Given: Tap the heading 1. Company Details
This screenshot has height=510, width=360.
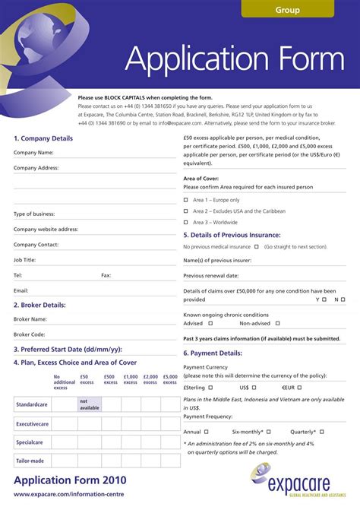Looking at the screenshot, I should point(43,138).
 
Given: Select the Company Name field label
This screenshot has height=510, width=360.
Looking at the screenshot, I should point(33,153).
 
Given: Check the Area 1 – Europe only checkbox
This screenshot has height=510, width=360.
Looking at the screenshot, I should point(186,200).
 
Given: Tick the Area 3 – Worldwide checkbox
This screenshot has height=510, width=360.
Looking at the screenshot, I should point(186,223).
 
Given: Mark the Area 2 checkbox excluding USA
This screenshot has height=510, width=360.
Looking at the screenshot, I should point(186,211).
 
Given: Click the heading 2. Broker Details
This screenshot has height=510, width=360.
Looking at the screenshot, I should point(39,305).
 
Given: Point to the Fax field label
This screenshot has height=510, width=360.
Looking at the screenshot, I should point(106,275).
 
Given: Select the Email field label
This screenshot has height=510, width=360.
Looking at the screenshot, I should point(21,291).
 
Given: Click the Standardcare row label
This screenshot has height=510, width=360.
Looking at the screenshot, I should point(33,404).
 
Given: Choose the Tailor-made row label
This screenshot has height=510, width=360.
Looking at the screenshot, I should point(30,461).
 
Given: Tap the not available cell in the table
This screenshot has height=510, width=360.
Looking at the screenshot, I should point(89,404).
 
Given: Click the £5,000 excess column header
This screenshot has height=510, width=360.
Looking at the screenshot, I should point(171,379).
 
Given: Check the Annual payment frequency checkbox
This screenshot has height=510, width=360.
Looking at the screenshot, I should point(207,432).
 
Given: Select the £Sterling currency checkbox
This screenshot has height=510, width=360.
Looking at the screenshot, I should point(217,387).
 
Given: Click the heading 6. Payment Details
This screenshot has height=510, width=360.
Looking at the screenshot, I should point(213,353).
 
